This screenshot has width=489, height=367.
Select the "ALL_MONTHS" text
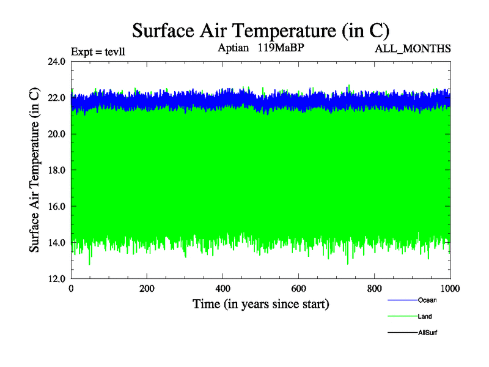413,48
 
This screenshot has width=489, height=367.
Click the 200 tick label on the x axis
147,289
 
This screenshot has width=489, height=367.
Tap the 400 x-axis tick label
223,289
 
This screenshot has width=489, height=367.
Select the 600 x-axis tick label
299,289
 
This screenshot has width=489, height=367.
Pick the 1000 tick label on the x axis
450,289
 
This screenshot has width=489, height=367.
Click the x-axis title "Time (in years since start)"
261,304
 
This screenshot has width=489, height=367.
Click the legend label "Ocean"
427,300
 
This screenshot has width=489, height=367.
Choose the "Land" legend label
425,317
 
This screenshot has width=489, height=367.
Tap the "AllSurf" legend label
427,333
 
